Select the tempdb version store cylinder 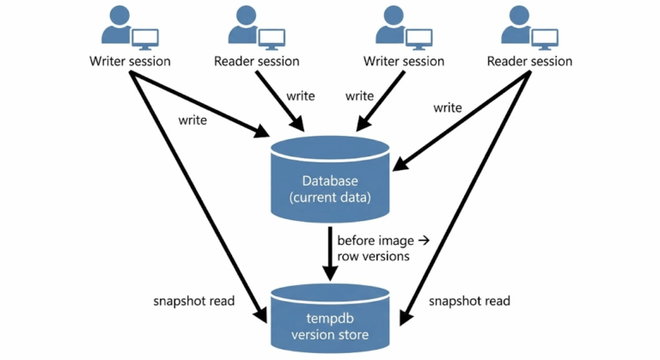tap(329, 319)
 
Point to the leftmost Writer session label tap(130, 61)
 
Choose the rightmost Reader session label tap(529, 61)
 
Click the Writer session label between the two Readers tap(404, 61)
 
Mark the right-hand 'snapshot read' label tap(469, 301)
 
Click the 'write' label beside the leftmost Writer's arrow tap(192, 120)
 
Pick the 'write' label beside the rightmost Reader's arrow tap(447, 108)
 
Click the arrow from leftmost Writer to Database tap(198, 103)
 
